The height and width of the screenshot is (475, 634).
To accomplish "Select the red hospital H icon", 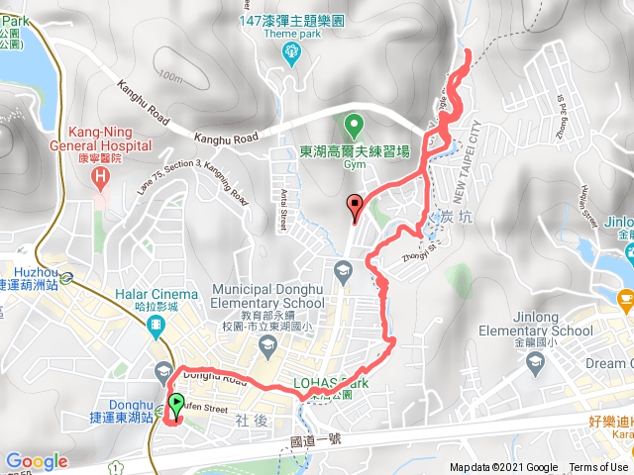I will tap(98, 177).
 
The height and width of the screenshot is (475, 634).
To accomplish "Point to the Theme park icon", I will tap(291, 50).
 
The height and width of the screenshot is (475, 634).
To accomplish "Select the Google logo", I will tap(36, 461).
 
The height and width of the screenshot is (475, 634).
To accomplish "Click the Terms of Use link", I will tap(597, 468).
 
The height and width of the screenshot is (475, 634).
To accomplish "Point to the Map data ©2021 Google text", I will tap(503, 468).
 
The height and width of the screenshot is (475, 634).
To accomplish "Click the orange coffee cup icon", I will tap(625, 296).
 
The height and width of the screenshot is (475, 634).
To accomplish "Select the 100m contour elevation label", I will tap(170, 76).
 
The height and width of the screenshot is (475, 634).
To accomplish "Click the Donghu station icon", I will tap(162, 372).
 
